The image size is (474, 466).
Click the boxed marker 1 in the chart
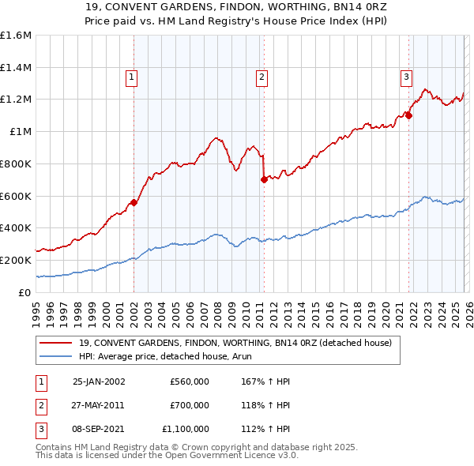coord(131,77)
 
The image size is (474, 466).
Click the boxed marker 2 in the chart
coord(261,77)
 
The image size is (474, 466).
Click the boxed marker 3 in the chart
coord(406,77)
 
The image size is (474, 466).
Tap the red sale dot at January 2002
coord(134,202)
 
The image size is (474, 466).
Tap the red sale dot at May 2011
coord(264,179)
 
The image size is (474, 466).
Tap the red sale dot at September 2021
coord(409,115)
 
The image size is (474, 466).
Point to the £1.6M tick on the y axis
coord(16,36)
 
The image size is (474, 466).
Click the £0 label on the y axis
coord(25,292)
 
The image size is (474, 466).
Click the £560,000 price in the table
coord(190,381)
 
